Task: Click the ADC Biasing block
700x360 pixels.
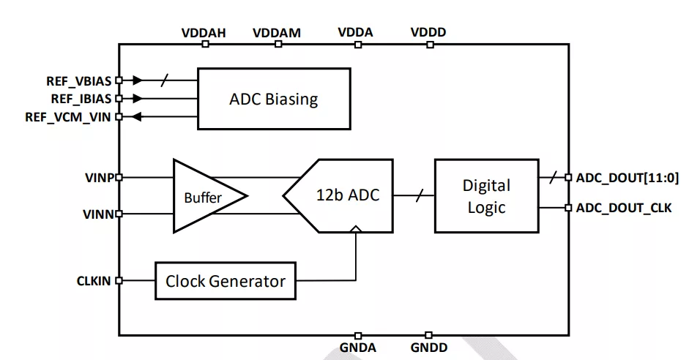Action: [x=273, y=99]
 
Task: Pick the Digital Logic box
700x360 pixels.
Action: [x=486, y=195]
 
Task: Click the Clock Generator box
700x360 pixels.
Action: [x=226, y=280]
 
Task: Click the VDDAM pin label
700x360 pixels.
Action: [x=277, y=33]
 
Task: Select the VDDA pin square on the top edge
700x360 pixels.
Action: [x=357, y=45]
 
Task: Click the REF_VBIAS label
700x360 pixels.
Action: [x=79, y=80]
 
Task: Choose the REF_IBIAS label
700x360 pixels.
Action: [x=81, y=98]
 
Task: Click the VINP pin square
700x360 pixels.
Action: [x=119, y=177]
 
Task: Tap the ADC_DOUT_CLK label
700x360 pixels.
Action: [x=624, y=208]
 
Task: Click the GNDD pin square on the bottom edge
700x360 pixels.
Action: [x=429, y=335]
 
